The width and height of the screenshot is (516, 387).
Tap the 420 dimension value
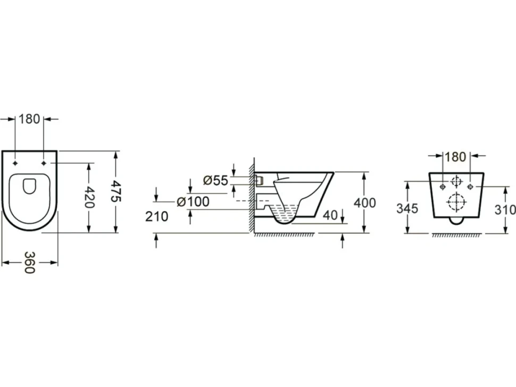pyautogui.click(x=89, y=197)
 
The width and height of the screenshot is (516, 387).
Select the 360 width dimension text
pyautogui.click(x=29, y=263)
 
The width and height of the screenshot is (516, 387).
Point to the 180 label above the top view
pyautogui.click(x=29, y=119)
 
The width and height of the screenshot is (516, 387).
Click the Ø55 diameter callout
pyautogui.click(x=215, y=180)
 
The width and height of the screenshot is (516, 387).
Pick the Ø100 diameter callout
pyautogui.click(x=193, y=201)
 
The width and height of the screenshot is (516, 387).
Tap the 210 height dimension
pyautogui.click(x=156, y=216)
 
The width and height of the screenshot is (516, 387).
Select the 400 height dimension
pyautogui.click(x=364, y=203)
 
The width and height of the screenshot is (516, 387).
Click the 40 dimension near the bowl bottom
pyautogui.click(x=330, y=215)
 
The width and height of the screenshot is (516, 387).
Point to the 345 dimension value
pyautogui.click(x=407, y=208)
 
